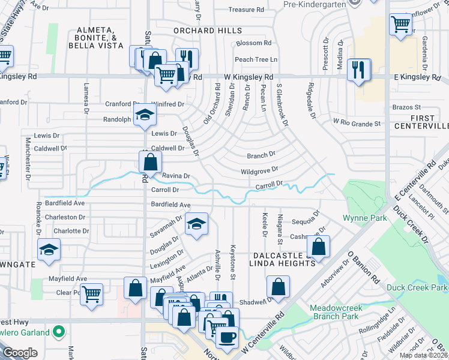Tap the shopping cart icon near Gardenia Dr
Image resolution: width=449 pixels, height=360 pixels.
pyautogui.click(x=400, y=25)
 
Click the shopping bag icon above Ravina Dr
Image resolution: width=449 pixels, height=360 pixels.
pyautogui.click(x=150, y=161)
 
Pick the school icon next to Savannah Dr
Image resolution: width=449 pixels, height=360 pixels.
pyautogui.click(x=196, y=224)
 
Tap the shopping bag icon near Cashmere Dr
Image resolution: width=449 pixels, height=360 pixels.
pyautogui.click(x=318, y=247)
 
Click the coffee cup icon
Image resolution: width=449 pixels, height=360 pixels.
pyautogui.click(x=226, y=337)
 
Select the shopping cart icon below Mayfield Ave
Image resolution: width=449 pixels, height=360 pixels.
pyautogui.click(x=91, y=295)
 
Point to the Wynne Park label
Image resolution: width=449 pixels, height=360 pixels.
pyautogui.click(x=364, y=218)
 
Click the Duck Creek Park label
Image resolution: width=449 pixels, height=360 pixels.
pyautogui.click(x=415, y=287)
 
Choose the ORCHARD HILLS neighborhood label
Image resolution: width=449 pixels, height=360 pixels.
pyautogui.click(x=208, y=31)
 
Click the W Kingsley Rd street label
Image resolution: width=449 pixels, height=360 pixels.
pyautogui.click(x=249, y=77)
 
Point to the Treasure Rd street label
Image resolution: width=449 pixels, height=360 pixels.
pyautogui.click(x=246, y=10)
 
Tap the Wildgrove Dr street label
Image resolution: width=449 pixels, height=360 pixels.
pyautogui.click(x=259, y=171)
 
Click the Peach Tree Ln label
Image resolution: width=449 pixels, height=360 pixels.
pyautogui.click(x=256, y=59)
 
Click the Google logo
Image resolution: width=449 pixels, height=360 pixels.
pyautogui.click(x=20, y=352)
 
